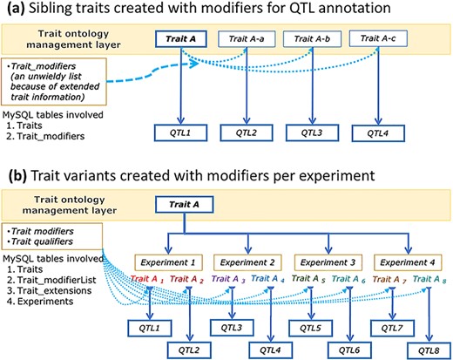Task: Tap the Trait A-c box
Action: [x=377, y=38]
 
